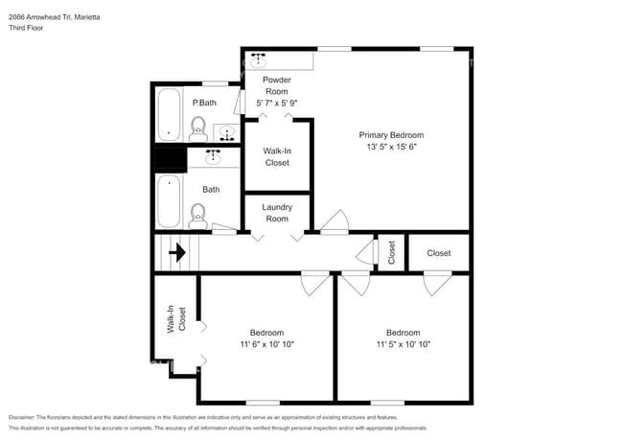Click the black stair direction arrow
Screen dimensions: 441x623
point(177,253)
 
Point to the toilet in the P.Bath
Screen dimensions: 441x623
point(198,127)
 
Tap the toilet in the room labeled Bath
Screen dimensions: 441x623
point(198,215)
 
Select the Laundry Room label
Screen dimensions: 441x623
point(276,212)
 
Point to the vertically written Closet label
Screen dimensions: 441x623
point(391,252)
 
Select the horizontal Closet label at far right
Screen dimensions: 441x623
point(438,253)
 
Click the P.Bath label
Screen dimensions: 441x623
point(203,102)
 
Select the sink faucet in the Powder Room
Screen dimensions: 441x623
point(257,58)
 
